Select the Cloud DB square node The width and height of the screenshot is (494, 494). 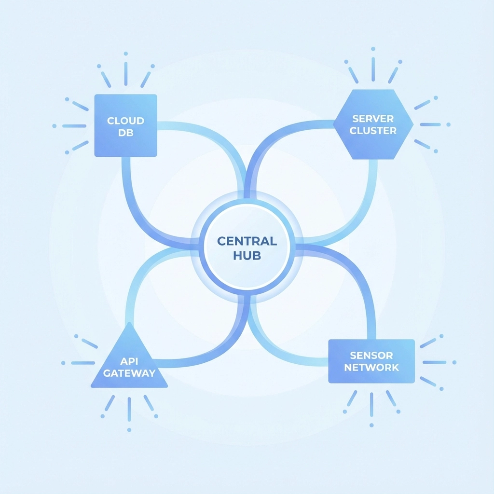click(x=125, y=125)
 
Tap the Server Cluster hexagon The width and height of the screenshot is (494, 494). click(x=373, y=124)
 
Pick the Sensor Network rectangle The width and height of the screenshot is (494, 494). click(x=371, y=361)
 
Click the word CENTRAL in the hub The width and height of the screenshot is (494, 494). click(x=247, y=241)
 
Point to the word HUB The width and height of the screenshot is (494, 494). click(x=247, y=256)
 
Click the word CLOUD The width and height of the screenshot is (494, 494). click(x=125, y=120)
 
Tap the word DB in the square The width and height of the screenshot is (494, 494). click(x=125, y=133)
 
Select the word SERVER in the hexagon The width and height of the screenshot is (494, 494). click(x=373, y=118)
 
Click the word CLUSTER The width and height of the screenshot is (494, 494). click(x=373, y=131)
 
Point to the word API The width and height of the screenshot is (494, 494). click(x=129, y=360)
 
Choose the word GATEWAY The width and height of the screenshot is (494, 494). click(x=129, y=373)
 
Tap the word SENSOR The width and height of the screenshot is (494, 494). click(x=371, y=356)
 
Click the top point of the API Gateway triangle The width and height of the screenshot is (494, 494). click(x=129, y=323)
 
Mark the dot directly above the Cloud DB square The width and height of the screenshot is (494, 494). click(x=125, y=53)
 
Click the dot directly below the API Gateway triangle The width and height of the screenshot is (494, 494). click(x=129, y=429)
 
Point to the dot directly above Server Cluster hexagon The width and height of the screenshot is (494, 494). click(x=373, y=49)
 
